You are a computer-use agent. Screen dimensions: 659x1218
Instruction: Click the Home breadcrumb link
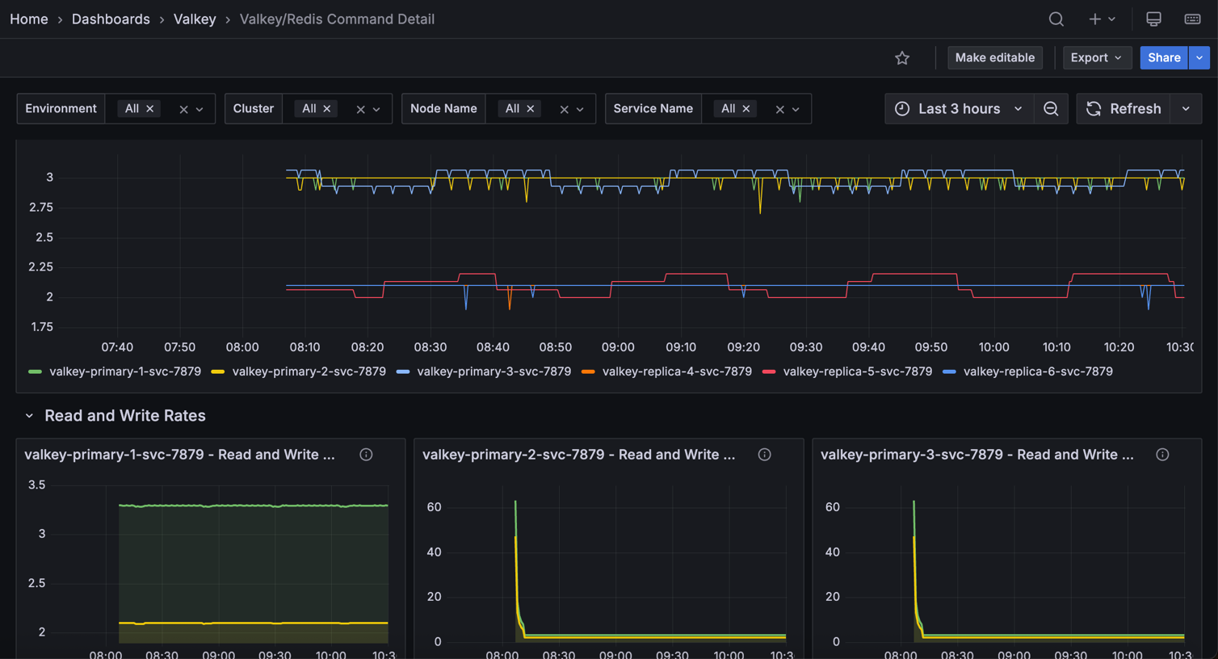pyautogui.click(x=29, y=19)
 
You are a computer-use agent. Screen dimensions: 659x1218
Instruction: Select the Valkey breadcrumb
pyautogui.click(x=195, y=19)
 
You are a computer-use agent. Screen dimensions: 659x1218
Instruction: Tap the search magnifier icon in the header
pyautogui.click(x=1056, y=19)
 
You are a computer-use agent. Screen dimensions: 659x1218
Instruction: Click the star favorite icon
pyautogui.click(x=902, y=58)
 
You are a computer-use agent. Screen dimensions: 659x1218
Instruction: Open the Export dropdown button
pyautogui.click(x=1096, y=58)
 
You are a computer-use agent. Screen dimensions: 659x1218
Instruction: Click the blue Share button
pyautogui.click(x=1164, y=58)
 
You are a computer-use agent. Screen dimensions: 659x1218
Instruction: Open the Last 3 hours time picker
pyautogui.click(x=960, y=109)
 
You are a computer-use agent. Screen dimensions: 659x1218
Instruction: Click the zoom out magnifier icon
pyautogui.click(x=1051, y=109)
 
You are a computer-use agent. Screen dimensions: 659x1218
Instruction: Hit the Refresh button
pyautogui.click(x=1124, y=109)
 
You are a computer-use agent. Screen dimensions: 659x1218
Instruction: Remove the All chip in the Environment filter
pyautogui.click(x=150, y=109)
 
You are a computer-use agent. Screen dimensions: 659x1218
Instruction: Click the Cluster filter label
pyautogui.click(x=254, y=109)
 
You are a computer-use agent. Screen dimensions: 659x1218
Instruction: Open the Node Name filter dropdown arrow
pyautogui.click(x=580, y=110)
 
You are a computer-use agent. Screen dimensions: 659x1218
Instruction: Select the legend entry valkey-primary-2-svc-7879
pyautogui.click(x=309, y=371)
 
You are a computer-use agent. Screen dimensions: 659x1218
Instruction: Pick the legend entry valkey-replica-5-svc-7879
pyautogui.click(x=857, y=371)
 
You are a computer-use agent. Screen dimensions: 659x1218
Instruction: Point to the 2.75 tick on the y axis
pyautogui.click(x=40, y=208)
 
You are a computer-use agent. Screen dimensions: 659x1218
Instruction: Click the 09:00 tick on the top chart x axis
pyautogui.click(x=618, y=347)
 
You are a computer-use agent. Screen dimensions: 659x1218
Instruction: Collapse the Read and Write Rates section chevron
pyautogui.click(x=29, y=416)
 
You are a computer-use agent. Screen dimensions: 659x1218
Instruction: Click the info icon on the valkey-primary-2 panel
pyautogui.click(x=764, y=455)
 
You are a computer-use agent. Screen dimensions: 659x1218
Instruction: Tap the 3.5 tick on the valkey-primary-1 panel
pyautogui.click(x=36, y=485)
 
